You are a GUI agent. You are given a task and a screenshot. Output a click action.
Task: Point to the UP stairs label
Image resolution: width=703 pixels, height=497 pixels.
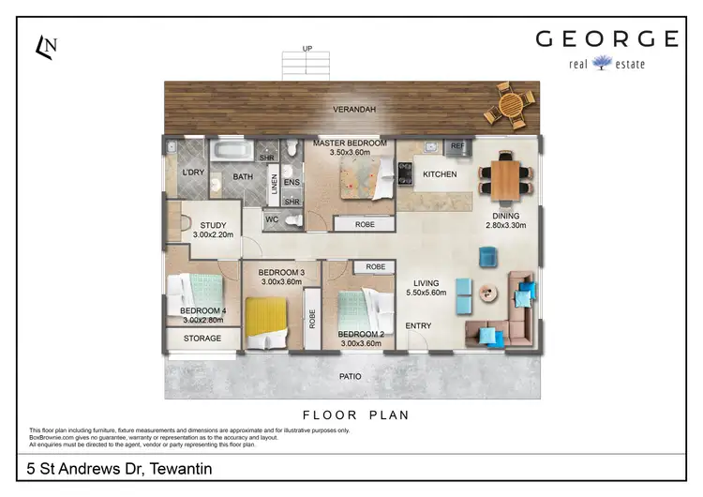pyautogui.click(x=307, y=49)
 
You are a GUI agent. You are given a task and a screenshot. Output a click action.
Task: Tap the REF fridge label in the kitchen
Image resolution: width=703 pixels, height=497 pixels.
pyautogui.click(x=457, y=147)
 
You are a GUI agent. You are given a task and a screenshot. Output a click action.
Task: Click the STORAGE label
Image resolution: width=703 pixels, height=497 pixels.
pyautogui.click(x=202, y=338)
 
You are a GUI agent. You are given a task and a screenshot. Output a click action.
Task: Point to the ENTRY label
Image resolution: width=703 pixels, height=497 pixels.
pyautogui.click(x=418, y=326)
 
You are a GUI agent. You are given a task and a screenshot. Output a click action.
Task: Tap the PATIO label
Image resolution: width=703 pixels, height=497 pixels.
pyautogui.click(x=350, y=377)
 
